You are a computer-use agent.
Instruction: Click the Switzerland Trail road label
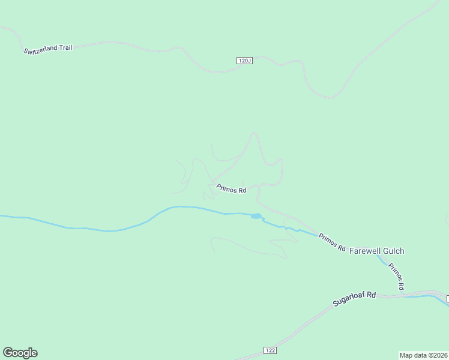[x=48, y=49]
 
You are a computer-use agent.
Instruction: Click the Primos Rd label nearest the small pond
[x=232, y=189]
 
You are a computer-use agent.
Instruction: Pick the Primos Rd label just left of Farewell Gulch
[x=332, y=242]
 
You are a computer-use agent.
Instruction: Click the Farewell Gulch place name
[x=376, y=251]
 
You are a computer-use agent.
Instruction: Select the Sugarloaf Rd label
[x=354, y=299]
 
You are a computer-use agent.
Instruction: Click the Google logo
[x=20, y=353]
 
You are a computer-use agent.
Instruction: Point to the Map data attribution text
[x=423, y=355]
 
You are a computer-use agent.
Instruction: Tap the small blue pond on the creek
[x=256, y=216]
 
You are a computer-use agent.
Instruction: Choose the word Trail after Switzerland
[x=65, y=47]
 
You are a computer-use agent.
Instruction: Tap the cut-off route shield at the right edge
[x=447, y=298]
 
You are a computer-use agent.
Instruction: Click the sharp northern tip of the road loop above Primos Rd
[x=254, y=133]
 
